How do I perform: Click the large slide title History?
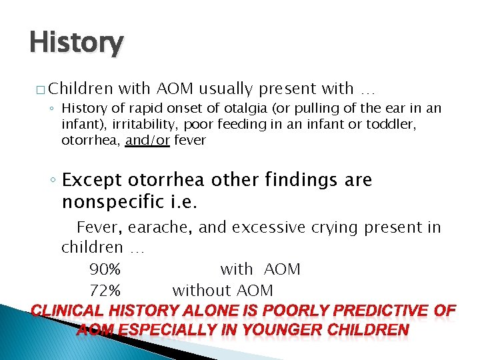pyautogui.click(x=76, y=43)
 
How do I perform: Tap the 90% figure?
pyautogui.click(x=105, y=270)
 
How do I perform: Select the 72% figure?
pyautogui.click(x=105, y=291)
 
